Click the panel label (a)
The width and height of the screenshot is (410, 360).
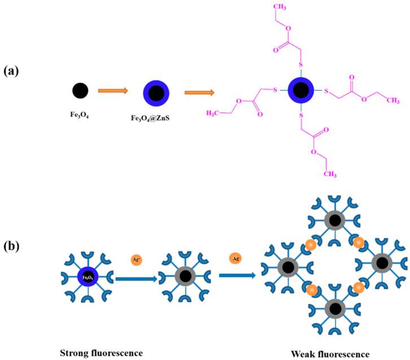(x=14, y=71)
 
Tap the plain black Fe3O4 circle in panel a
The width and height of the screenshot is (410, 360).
(x=80, y=90)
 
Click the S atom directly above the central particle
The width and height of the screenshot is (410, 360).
(x=300, y=64)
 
